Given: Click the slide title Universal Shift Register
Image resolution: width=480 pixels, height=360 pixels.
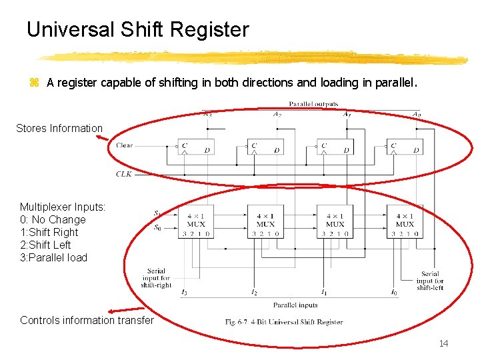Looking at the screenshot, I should click(137, 30).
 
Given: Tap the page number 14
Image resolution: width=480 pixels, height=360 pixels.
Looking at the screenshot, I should click(444, 343).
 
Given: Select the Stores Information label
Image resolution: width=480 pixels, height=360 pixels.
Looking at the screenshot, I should click(59, 128).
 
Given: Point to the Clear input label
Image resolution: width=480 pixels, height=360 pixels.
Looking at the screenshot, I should click(125, 145).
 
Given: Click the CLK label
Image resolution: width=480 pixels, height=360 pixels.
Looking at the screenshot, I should click(124, 174).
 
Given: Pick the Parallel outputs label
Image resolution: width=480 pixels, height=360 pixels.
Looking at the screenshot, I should click(313, 104).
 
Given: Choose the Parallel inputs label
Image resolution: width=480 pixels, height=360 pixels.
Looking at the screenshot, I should click(290, 305).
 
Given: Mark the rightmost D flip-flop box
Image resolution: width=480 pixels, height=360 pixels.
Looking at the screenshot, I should click(405, 147).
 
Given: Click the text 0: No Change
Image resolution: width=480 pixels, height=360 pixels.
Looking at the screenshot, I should click(53, 219).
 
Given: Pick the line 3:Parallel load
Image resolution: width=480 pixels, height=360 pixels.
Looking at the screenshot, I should click(53, 257).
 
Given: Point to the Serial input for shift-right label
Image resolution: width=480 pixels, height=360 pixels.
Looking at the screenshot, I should click(156, 278).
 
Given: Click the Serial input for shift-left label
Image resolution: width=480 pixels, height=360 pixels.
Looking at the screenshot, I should click(430, 281).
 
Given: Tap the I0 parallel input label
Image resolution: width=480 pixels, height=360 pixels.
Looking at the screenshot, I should click(393, 293).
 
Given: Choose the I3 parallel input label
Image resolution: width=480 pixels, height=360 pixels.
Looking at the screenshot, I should click(184, 293).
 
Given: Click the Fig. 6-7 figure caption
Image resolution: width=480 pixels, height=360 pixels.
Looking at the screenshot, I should click(285, 322).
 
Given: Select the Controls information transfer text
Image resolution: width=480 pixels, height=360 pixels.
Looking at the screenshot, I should click(87, 320).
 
